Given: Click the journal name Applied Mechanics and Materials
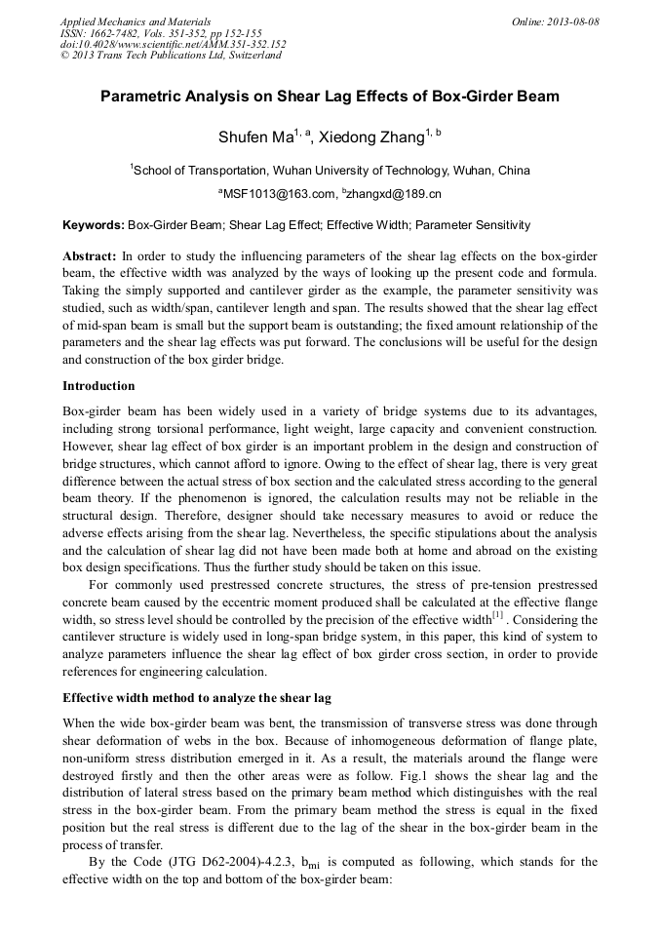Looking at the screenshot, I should pyautogui.click(x=122, y=20).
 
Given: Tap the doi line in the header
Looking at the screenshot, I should pyautogui.click(x=174, y=44).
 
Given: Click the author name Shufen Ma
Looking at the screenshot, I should pyautogui.click(x=250, y=136).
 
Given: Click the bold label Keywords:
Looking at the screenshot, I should pyautogui.click(x=94, y=225).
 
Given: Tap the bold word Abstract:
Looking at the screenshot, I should pyautogui.click(x=90, y=255).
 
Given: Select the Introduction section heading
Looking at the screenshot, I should pyautogui.click(x=98, y=386).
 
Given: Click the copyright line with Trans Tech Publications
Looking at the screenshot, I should pyautogui.click(x=171, y=56).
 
